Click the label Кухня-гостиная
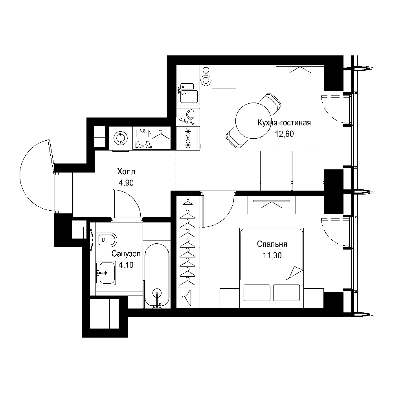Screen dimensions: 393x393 click(284, 123)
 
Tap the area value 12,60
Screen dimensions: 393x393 click(284, 134)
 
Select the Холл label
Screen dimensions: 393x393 click(126, 172)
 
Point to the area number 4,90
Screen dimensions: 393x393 click(126, 183)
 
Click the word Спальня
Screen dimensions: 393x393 click(272, 244)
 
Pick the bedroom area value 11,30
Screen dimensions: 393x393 click(272, 255)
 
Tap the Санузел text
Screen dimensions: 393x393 click(126, 254)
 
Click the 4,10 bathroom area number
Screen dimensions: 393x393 click(126, 265)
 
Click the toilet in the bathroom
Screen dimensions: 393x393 click(107, 240)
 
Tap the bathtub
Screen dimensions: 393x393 click(157, 274)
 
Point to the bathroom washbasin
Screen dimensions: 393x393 click(106, 273)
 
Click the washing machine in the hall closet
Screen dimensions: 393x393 click(121, 138)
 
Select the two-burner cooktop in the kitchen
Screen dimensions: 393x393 click(206, 77)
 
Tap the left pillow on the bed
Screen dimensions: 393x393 click(257, 292)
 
